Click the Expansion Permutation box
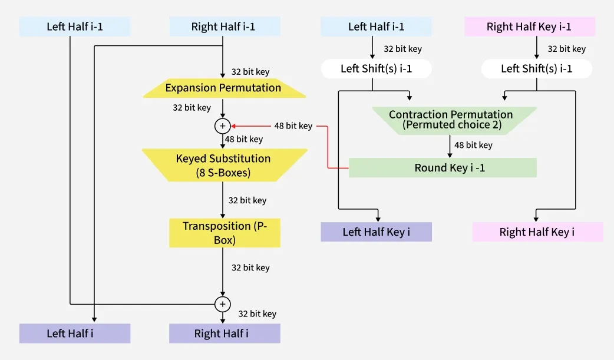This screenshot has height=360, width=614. (223, 88)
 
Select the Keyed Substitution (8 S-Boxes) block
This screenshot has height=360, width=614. (223, 165)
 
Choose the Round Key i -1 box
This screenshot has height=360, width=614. (442, 168)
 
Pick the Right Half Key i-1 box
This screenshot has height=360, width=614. (529, 27)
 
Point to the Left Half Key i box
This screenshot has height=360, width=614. (376, 232)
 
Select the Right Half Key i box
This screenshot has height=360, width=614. (537, 232)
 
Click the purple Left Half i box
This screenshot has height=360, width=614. (74, 333)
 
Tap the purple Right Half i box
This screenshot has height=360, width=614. (224, 333)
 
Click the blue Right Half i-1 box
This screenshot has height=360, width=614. (224, 27)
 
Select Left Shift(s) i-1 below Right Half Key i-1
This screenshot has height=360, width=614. (536, 69)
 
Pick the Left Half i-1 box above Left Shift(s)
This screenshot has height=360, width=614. (376, 27)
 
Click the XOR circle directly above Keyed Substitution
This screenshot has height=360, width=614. (223, 125)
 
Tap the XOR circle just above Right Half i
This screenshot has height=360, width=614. (223, 304)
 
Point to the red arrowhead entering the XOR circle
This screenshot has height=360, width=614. (233, 125)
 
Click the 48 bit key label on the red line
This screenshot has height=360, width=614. (293, 125)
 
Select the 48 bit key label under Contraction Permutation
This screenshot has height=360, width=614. (473, 145)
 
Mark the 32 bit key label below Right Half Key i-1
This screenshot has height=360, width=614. (566, 49)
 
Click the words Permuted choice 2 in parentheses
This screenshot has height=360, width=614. (451, 125)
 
